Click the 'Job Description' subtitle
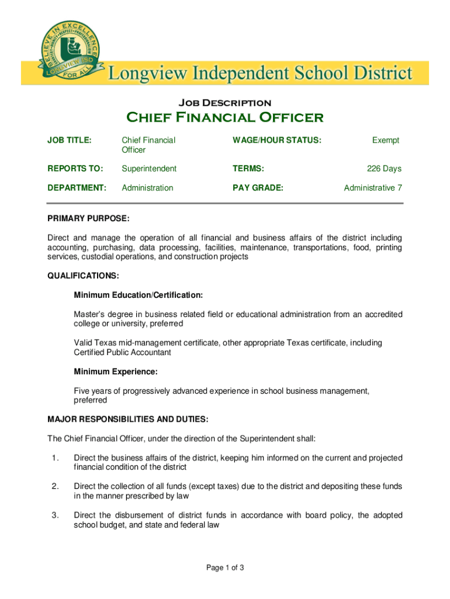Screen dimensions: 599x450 (224, 102)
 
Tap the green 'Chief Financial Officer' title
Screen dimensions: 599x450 (225, 118)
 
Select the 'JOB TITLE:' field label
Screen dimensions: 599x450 (69, 140)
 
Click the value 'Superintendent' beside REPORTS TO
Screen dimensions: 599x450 (148, 168)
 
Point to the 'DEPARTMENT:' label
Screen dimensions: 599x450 (77, 188)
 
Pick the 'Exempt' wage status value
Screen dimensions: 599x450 (386, 140)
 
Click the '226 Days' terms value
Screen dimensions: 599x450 (384, 168)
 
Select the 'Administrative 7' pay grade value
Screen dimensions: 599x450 (373, 188)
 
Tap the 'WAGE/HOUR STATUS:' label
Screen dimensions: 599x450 (277, 140)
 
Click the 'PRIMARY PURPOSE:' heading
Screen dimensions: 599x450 (88, 218)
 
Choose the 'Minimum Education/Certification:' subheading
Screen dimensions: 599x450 (139, 295)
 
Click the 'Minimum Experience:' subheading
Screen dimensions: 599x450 (116, 371)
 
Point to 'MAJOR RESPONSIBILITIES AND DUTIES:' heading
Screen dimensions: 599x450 (127, 419)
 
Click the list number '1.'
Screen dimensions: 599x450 (55, 458)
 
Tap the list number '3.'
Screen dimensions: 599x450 (55, 515)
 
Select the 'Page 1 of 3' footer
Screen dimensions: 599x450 (224, 567)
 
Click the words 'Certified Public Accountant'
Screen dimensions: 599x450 (122, 352)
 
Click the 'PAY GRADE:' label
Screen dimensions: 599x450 (258, 188)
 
